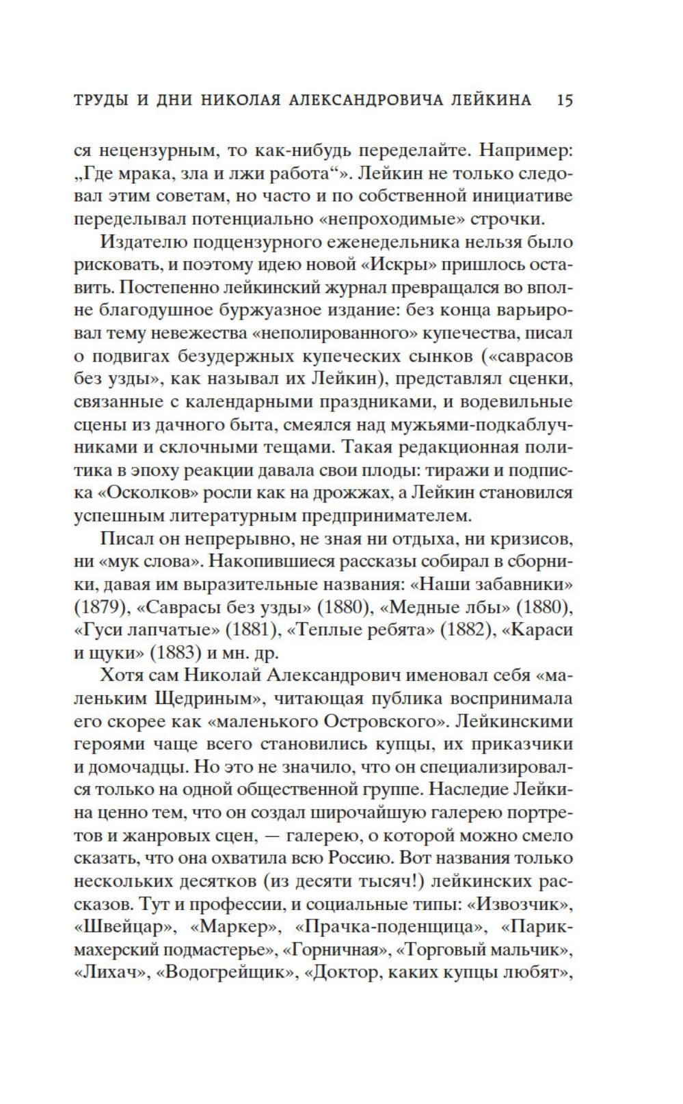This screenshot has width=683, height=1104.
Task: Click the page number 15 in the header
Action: pos(565,100)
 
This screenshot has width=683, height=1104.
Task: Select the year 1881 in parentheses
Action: pos(252,630)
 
